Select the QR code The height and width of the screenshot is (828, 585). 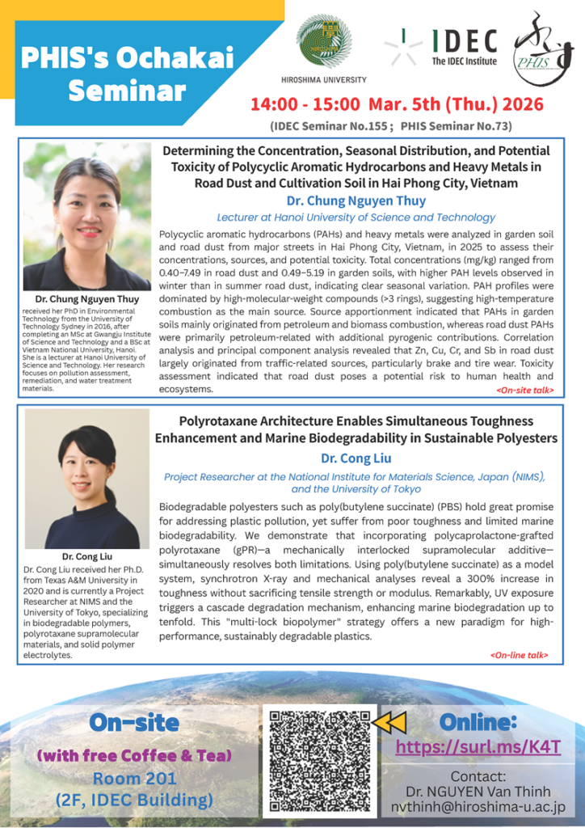(x=320, y=759)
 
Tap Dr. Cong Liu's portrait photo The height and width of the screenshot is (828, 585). (x=86, y=479)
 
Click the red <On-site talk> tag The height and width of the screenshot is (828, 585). (x=524, y=390)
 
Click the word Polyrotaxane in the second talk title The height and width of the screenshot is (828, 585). (x=223, y=421)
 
